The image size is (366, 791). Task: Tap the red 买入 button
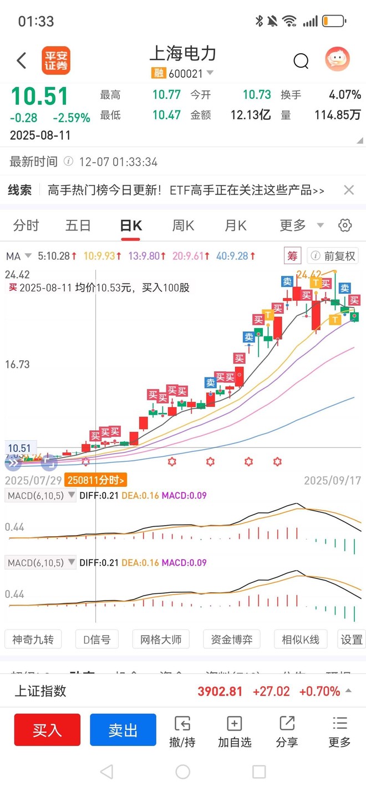(47, 730)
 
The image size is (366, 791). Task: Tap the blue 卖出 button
(123, 730)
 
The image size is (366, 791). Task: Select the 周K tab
(183, 225)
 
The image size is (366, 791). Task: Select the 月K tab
(235, 225)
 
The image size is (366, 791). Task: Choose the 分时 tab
(26, 225)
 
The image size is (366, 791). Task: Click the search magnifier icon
(301, 61)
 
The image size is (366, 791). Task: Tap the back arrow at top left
(22, 61)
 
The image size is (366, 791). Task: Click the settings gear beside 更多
(345, 225)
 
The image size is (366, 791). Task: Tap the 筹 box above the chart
(292, 256)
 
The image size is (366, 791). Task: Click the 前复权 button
(333, 256)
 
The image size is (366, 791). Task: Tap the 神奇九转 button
(33, 639)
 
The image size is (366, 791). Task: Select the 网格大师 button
(161, 639)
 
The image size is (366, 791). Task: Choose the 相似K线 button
(301, 639)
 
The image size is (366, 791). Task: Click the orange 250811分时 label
(95, 480)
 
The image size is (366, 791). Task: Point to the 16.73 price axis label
(17, 365)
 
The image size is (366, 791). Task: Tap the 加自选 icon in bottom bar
(235, 731)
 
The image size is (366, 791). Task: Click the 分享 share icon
(287, 731)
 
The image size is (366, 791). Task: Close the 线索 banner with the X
(349, 190)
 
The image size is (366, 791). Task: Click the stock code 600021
(186, 73)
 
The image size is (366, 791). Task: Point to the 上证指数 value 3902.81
(220, 691)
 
